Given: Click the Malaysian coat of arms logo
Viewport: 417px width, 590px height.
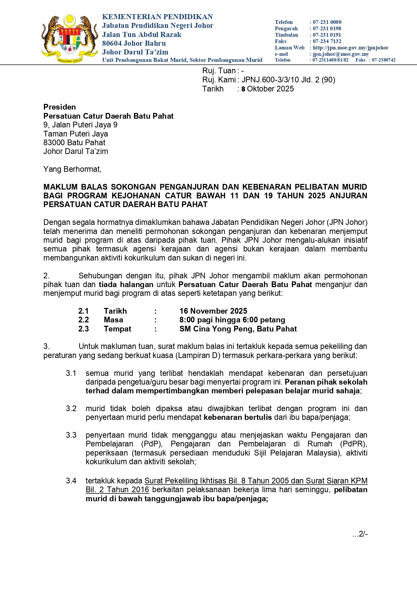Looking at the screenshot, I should pyautogui.click(x=70, y=39).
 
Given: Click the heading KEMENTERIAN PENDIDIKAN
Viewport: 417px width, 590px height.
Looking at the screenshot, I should pyautogui.click(x=157, y=17).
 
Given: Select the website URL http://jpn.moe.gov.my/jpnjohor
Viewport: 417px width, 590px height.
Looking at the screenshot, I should pyautogui.click(x=350, y=48).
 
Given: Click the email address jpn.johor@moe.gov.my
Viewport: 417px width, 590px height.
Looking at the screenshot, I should pyautogui.click(x=341, y=54).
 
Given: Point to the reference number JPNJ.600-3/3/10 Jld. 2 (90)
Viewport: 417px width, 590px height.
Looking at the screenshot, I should pyautogui.click(x=288, y=80).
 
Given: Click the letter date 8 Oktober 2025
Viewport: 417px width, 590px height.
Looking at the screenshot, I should pyautogui.click(x=267, y=89).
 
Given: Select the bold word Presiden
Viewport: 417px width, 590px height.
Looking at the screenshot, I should pyautogui.click(x=59, y=107).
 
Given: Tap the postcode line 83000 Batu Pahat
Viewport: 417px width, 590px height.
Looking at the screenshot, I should pyautogui.click(x=74, y=143).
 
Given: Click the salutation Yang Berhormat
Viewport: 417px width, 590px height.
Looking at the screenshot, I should pyautogui.click(x=72, y=169).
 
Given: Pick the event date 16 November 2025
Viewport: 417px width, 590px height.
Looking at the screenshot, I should pyautogui.click(x=213, y=311).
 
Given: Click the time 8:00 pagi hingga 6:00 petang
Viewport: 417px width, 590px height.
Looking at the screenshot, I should pyautogui.click(x=232, y=320).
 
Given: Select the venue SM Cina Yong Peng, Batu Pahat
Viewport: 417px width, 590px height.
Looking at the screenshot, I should pyautogui.click(x=238, y=329).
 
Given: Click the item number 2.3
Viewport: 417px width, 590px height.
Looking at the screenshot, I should pyautogui.click(x=83, y=329).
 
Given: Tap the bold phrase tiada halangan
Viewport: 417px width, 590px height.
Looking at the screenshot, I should pyautogui.click(x=126, y=284).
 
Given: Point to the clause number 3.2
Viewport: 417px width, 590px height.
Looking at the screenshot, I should pyautogui.click(x=71, y=408).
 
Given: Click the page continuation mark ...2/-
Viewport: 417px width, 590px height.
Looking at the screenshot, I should pyautogui.click(x=360, y=534).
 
